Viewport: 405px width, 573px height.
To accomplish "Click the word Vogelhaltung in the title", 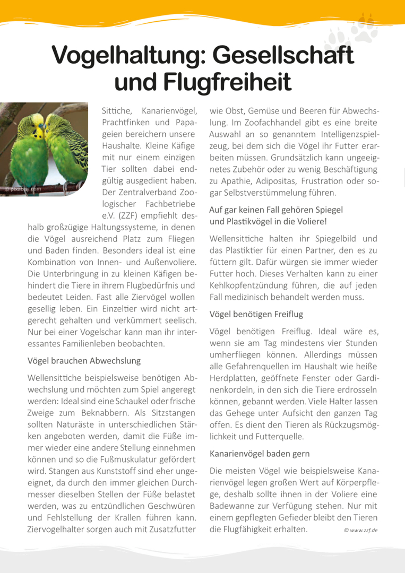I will coord(127,55).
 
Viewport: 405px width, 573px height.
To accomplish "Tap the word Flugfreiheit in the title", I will coord(227,82).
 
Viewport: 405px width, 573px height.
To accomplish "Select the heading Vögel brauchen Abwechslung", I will coord(84,361).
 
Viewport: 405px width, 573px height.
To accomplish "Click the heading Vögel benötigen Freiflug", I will coord(256,314).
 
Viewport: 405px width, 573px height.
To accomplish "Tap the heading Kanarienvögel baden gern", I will coord(260,454).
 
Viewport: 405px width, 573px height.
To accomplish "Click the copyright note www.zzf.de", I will coord(360,530).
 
